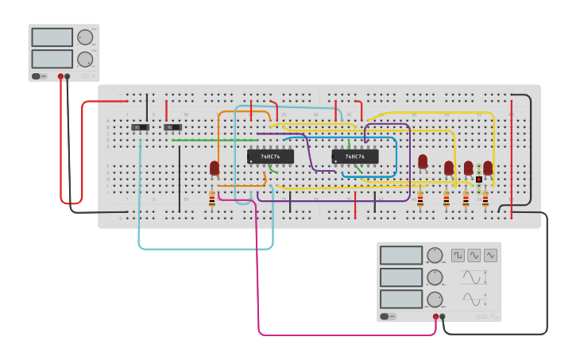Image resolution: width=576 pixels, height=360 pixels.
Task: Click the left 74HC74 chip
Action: pyautogui.click(x=270, y=157)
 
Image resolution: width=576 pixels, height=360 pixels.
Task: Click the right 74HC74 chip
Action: pyautogui.click(x=355, y=157)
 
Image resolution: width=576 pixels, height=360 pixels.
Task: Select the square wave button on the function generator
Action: pyautogui.click(x=458, y=255)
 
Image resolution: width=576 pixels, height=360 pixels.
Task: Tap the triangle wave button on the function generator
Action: pyautogui.click(x=490, y=255)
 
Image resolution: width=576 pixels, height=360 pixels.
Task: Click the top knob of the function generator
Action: pyautogui.click(x=434, y=256)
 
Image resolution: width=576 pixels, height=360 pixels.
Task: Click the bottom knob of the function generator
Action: pyautogui.click(x=434, y=300)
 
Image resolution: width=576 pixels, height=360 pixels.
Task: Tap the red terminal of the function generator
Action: pyautogui.click(x=435, y=316)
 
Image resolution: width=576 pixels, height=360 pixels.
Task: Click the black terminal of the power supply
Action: pyautogui.click(x=68, y=76)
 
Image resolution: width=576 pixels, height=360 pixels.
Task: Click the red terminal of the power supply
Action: pyautogui.click(x=60, y=76)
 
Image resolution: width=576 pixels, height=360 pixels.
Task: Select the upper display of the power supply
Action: pyautogui.click(x=52, y=37)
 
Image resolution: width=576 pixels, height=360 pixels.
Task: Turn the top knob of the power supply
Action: pyautogui.click(x=85, y=37)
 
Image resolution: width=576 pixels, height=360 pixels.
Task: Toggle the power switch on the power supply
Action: pyautogui.click(x=38, y=76)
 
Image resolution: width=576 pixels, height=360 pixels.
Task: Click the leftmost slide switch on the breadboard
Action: pyautogui.click(x=141, y=127)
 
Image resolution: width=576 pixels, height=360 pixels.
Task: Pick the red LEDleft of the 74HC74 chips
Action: pyautogui.click(x=215, y=168)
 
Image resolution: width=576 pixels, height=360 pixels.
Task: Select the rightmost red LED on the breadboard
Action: pyautogui.click(x=488, y=167)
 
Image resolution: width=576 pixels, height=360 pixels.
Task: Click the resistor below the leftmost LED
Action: pyautogui.click(x=211, y=199)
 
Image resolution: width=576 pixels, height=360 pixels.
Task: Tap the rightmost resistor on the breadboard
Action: pyautogui.click(x=485, y=199)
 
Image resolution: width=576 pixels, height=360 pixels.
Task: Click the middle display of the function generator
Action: pyautogui.click(x=401, y=277)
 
